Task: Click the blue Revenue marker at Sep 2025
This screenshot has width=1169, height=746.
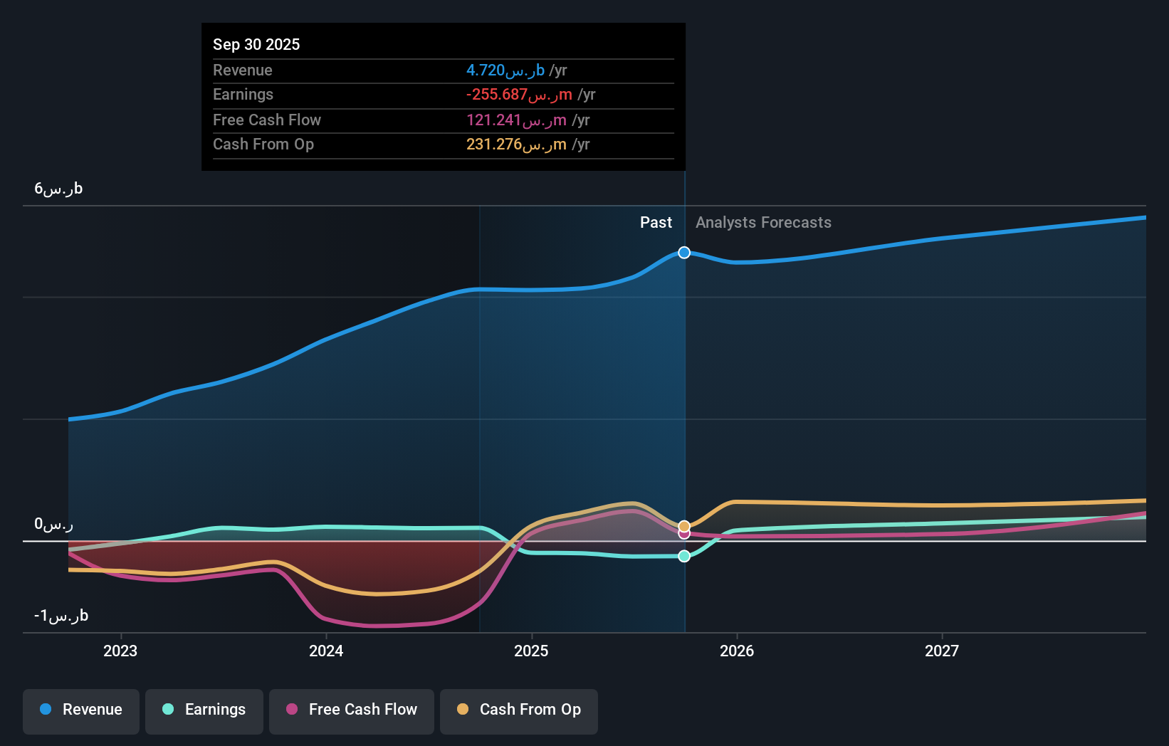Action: pos(684,253)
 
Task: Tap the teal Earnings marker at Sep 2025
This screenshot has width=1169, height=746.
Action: pos(684,556)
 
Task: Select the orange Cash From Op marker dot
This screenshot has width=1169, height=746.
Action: pos(684,526)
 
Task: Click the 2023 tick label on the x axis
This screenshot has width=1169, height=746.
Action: pos(120,651)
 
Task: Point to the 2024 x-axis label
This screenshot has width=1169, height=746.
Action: pos(326,651)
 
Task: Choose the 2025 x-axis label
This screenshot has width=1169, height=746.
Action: pos(531,651)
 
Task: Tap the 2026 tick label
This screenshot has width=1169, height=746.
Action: pos(737,651)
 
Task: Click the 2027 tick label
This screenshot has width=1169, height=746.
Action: pos(942,651)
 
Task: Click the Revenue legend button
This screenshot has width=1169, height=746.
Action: pos(81,710)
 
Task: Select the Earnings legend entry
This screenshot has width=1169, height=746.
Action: pos(204,710)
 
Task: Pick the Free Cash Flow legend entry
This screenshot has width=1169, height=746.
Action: pos(352,710)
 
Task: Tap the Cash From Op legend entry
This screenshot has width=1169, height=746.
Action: pos(519,710)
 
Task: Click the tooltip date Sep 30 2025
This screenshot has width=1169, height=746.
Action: pos(256,44)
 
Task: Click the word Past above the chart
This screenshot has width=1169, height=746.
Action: pos(656,223)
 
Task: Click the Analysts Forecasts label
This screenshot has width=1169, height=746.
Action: pos(763,223)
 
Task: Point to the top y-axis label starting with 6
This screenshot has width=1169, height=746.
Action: pos(58,189)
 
